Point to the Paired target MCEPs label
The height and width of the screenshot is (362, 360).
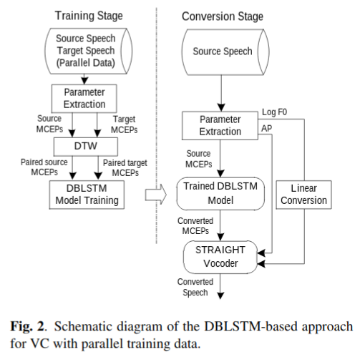(x=126, y=168)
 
